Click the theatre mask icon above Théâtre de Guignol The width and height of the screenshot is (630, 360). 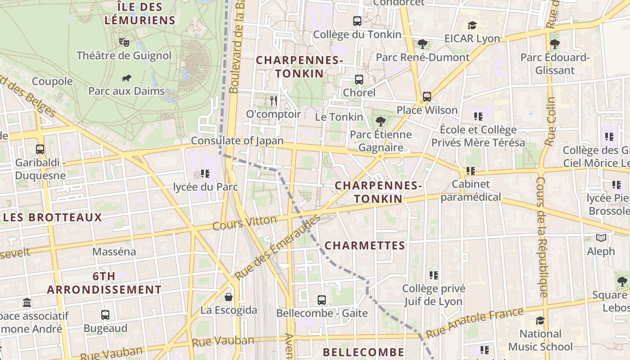point(124,42)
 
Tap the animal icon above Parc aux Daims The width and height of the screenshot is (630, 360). point(126,78)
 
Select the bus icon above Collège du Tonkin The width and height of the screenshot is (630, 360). point(357,21)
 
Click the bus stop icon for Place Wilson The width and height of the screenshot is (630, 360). point(427,97)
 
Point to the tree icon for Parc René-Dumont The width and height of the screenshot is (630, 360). point(422,44)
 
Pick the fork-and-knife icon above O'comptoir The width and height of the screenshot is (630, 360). point(273,101)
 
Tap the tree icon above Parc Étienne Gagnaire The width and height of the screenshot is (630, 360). point(381,121)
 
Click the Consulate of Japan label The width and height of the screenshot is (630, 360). point(237,141)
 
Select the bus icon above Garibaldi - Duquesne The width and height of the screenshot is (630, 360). point(40,149)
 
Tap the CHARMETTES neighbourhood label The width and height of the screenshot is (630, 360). point(364,246)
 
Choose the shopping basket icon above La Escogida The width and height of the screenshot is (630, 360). point(229,297)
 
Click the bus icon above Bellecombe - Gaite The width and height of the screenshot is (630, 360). point(322,300)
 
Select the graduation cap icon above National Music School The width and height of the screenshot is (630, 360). point(540,320)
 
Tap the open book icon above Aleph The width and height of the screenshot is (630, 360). point(601,238)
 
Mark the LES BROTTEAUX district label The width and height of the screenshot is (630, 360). point(53,218)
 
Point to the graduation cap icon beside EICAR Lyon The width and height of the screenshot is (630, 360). point(472,25)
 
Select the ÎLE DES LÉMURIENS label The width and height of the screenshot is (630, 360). point(139,13)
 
